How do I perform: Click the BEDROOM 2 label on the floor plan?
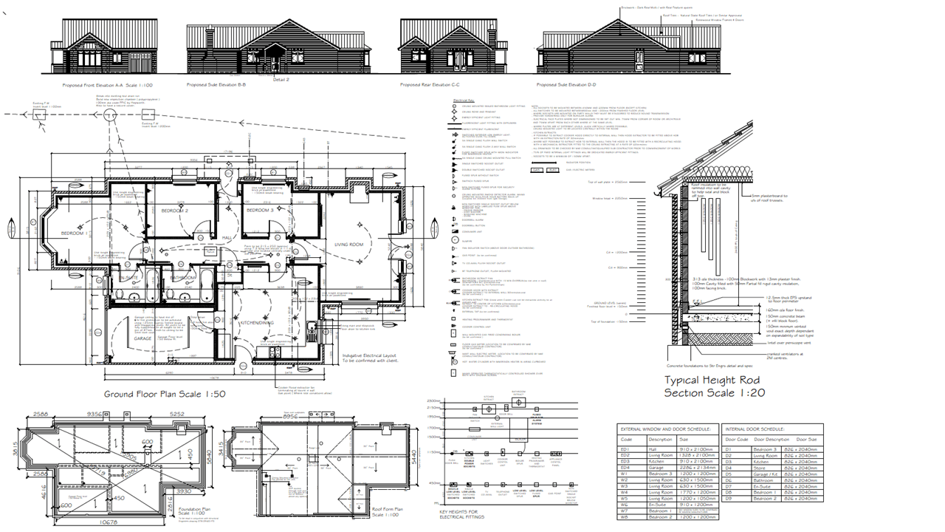[175, 211]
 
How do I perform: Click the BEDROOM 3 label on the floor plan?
[260, 211]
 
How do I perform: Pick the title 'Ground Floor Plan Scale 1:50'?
[164, 395]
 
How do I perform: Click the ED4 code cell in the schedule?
[626, 468]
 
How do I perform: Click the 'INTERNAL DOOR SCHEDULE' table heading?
[760, 429]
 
